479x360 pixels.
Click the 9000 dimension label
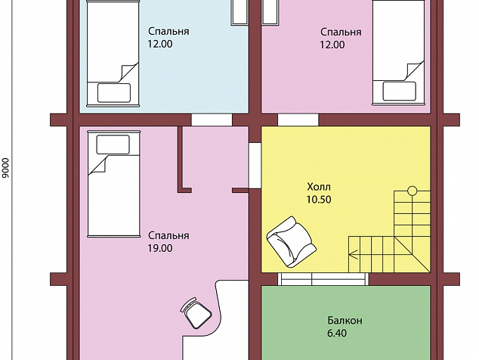(x=5, y=168)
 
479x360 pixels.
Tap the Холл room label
(x=319, y=187)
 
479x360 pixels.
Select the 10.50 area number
(x=319, y=200)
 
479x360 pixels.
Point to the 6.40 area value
(x=337, y=333)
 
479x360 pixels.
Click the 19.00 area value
(x=160, y=248)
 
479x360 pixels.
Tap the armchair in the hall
(x=291, y=241)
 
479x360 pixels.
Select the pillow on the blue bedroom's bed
(x=114, y=93)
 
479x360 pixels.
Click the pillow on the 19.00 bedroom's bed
(x=113, y=144)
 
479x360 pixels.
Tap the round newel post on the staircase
(x=412, y=191)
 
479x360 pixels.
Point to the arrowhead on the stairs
(x=353, y=254)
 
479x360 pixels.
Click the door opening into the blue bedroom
(x=212, y=119)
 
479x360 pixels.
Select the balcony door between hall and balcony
(x=323, y=279)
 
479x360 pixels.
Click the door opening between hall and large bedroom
(x=255, y=166)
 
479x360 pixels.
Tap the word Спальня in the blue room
(x=168, y=32)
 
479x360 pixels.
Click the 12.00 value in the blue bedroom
(x=160, y=44)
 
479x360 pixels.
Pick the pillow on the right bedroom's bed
(x=399, y=91)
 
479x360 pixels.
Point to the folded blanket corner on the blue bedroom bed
(x=127, y=73)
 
